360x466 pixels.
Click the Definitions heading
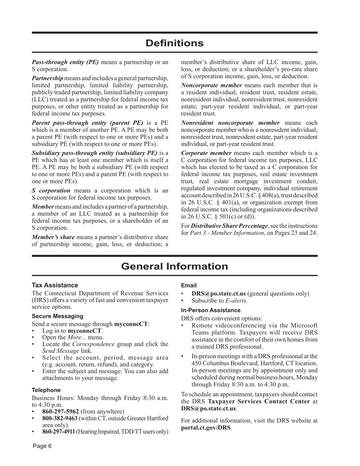[x=175, y=43]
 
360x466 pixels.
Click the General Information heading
[x=175, y=266]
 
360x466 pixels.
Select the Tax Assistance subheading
[x=55, y=285]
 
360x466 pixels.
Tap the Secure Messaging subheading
[x=57, y=316]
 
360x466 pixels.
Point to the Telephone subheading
[x=46, y=390]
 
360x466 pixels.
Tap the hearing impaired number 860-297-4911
[x=59, y=432]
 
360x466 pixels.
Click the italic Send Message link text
[x=62, y=351]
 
